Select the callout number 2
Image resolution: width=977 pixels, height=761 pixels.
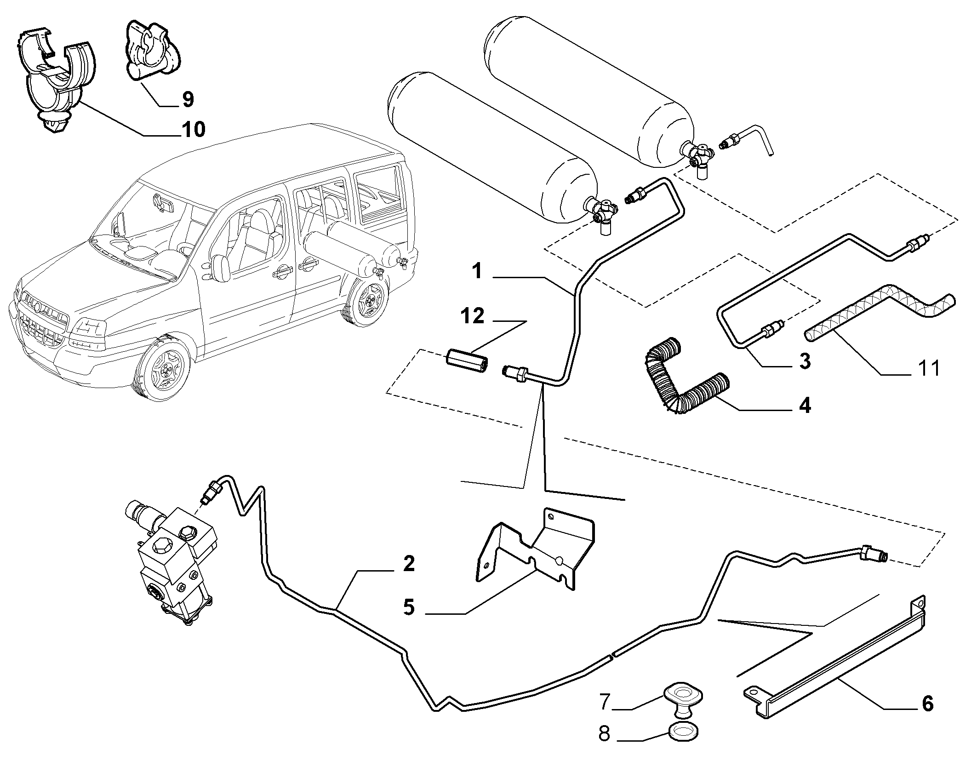point(408,564)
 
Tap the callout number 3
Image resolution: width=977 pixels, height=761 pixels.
point(804,361)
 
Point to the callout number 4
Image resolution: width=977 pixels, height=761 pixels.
point(804,406)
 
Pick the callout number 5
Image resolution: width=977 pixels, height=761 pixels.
point(409,607)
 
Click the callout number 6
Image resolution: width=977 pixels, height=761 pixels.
point(927,704)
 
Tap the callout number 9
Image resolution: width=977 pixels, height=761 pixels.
point(188,99)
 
